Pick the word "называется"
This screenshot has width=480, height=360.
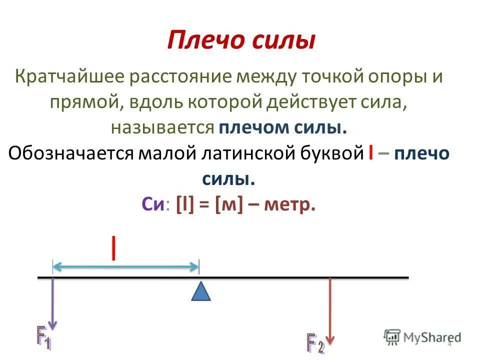click(162, 127)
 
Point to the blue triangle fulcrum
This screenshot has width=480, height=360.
click(201, 291)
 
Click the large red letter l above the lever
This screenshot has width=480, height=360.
click(115, 248)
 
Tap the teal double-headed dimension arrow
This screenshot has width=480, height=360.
click(125, 267)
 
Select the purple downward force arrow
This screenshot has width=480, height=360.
click(53, 302)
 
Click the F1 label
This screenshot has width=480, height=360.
click(43, 337)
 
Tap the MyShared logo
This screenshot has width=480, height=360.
click(423, 336)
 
